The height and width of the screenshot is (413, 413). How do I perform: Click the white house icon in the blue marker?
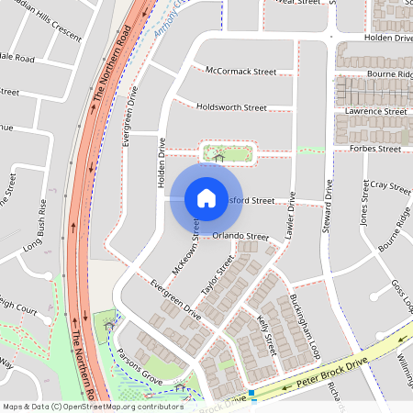click(206, 198)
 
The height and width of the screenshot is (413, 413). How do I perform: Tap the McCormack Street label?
click(240, 71)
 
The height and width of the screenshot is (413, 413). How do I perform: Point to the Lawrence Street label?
click(376, 111)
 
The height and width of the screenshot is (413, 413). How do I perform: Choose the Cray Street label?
click(386, 188)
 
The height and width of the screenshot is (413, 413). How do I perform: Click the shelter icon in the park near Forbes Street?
click(218, 157)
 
